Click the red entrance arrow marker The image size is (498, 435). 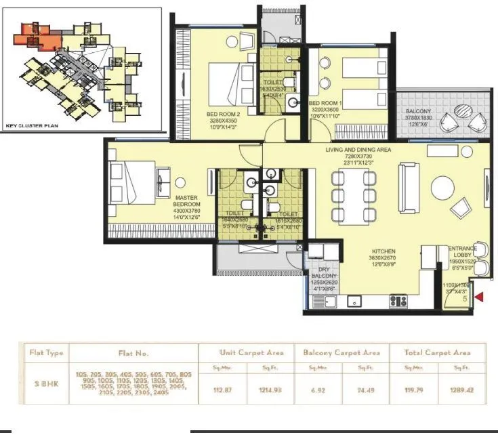click(x=480, y=296)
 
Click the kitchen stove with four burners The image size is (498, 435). click(x=398, y=301)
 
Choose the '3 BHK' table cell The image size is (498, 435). click(x=41, y=383)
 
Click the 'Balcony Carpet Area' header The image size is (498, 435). click(x=341, y=352)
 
